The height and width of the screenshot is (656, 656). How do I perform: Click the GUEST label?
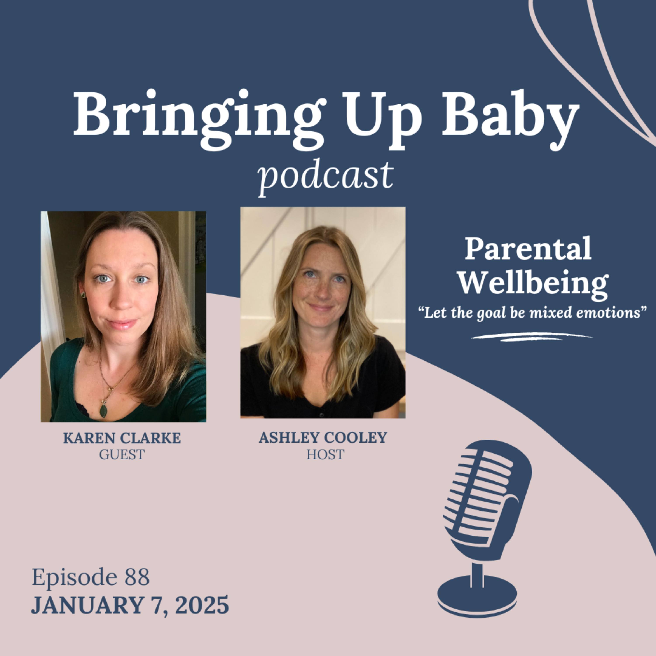[122, 454]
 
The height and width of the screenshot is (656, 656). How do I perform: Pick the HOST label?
[325, 454]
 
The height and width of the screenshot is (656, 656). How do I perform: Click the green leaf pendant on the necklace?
[104, 410]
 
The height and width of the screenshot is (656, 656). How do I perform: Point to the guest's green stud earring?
[82, 295]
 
